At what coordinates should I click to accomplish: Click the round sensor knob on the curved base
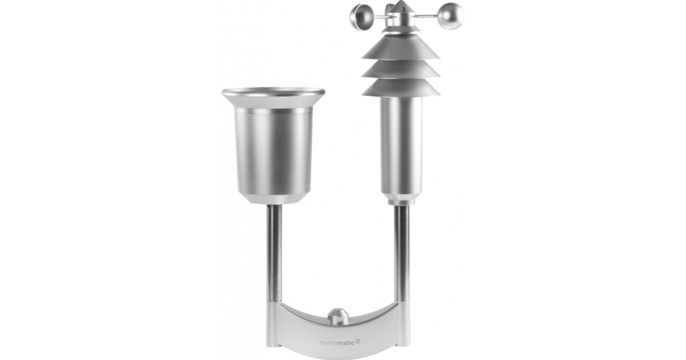pyautogui.click(x=338, y=316)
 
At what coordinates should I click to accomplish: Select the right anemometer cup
pyautogui.click(x=451, y=15)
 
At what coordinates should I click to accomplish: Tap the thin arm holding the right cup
pyautogui.click(x=430, y=15)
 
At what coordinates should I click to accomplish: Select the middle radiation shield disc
pyautogui.click(x=400, y=69)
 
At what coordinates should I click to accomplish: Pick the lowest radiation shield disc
pyautogui.click(x=400, y=87)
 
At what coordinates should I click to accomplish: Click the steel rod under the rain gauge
pyautogui.click(x=274, y=251)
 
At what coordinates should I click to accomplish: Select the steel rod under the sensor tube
pyautogui.click(x=402, y=251)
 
